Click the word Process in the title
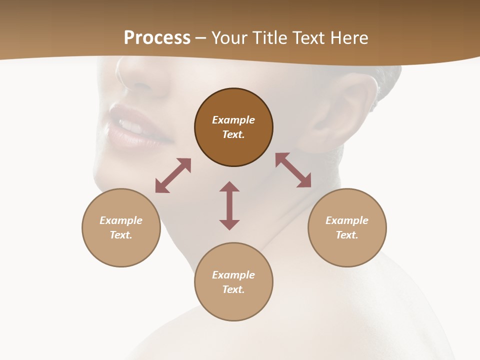click(157, 38)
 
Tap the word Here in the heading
click(348, 38)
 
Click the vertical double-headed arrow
click(229, 205)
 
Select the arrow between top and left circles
click(173, 175)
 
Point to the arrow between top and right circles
click(293, 170)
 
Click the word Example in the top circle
click(233, 120)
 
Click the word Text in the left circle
click(121, 235)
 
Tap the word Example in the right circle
click(347, 220)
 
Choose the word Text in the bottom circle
click(233, 289)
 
